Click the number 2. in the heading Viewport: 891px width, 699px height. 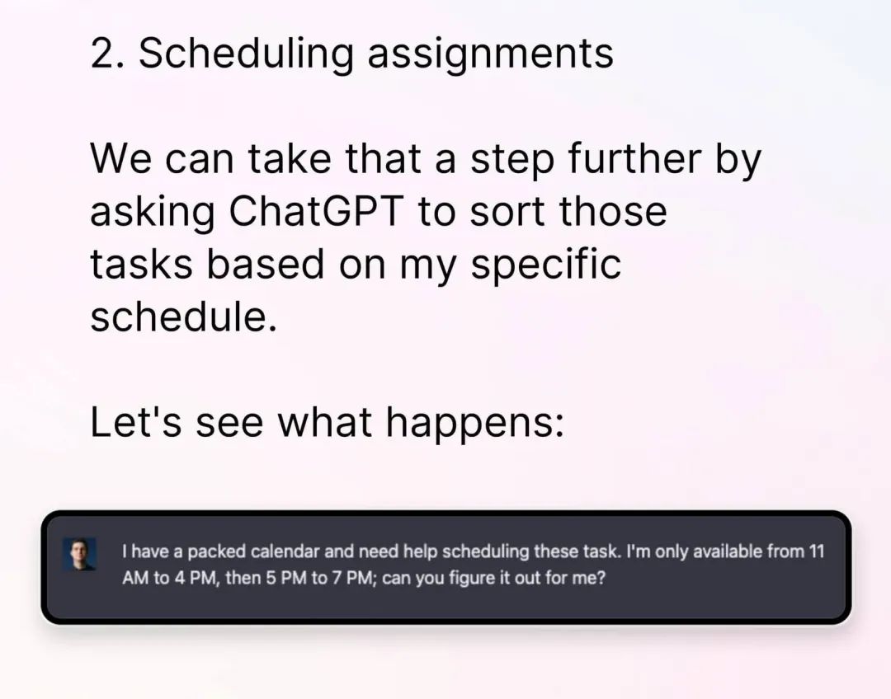click(107, 54)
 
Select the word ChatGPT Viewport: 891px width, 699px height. click(317, 211)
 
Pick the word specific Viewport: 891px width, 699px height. click(545, 265)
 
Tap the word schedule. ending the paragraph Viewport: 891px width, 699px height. click(183, 316)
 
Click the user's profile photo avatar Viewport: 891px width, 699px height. click(79, 554)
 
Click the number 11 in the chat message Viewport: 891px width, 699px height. click(816, 551)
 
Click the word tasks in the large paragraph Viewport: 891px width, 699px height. click(142, 264)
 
